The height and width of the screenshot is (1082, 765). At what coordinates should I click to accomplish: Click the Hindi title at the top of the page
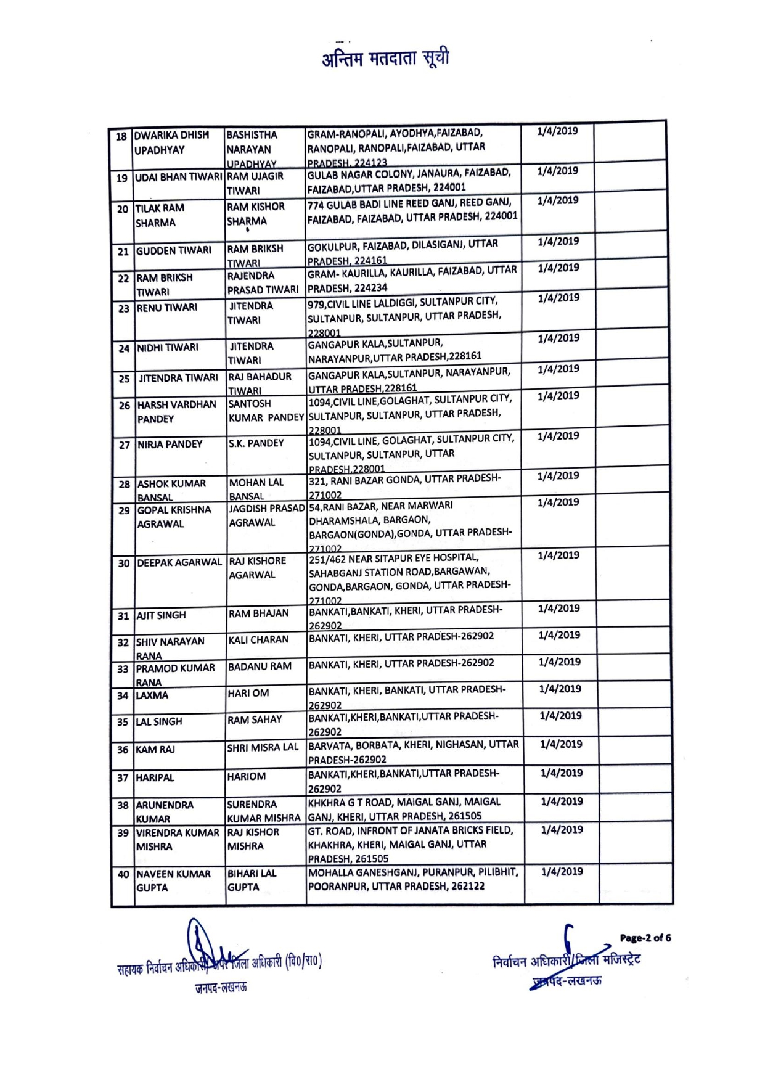click(x=385, y=59)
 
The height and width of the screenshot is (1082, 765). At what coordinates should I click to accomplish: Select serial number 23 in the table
click(x=124, y=308)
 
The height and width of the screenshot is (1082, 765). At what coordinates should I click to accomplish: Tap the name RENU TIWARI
click(x=167, y=308)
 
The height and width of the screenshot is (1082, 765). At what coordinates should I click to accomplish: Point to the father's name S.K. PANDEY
click(x=256, y=443)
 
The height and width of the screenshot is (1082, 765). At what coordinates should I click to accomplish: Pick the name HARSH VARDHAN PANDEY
click(x=177, y=412)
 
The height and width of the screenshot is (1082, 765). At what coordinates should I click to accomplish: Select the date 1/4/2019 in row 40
click(x=562, y=872)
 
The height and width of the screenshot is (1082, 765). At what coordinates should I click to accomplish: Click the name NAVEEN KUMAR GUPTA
click(x=173, y=881)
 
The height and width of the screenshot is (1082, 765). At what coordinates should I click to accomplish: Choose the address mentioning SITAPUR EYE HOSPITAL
click(x=410, y=578)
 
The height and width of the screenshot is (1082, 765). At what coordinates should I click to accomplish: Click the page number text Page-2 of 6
click(x=645, y=938)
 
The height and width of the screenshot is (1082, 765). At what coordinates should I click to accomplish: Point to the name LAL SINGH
click(x=159, y=721)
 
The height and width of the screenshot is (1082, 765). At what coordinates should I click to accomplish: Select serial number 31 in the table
click(x=123, y=616)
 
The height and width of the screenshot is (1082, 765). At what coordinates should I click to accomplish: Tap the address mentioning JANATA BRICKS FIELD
click(x=411, y=844)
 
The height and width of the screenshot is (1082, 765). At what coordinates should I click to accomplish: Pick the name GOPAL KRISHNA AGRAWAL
click(x=174, y=517)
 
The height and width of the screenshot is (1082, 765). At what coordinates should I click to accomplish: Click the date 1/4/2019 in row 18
click(x=557, y=131)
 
